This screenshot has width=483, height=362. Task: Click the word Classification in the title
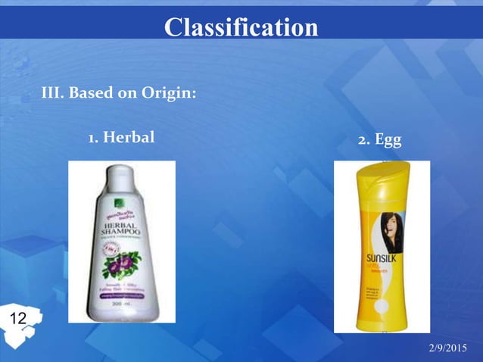(x=241, y=27)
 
